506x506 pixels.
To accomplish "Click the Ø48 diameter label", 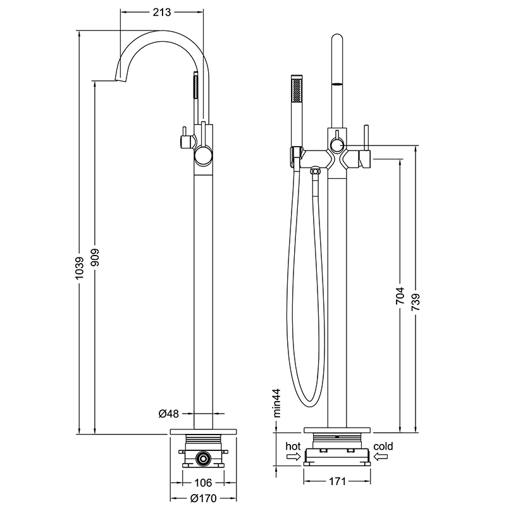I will tap(169, 414).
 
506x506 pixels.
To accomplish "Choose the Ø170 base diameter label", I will tap(204, 498).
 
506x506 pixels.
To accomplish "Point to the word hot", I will tap(293, 447).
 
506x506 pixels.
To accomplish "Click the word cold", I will tap(383, 447).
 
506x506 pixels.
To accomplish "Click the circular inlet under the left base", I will tap(204, 457).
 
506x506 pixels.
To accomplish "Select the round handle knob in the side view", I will tap(204, 154).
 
